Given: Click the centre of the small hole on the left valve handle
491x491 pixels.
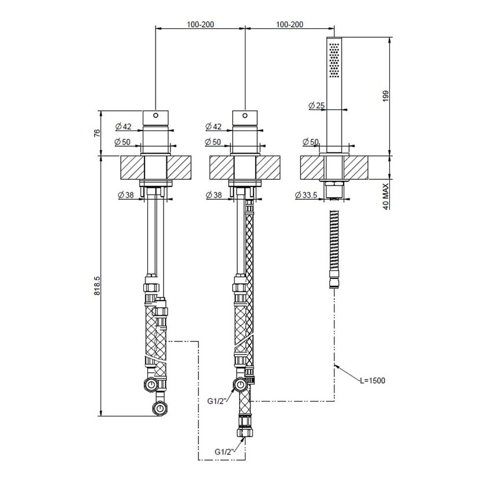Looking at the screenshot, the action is [x=155, y=115].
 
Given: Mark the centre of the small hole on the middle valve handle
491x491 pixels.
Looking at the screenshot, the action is [x=245, y=116].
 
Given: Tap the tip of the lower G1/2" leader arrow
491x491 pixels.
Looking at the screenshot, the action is [x=245, y=438].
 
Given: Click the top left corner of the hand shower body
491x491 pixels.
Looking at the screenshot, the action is [x=326, y=38].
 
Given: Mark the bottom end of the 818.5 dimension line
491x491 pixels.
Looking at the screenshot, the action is [x=101, y=416].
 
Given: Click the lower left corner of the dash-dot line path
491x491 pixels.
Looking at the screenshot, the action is [x=199, y=460].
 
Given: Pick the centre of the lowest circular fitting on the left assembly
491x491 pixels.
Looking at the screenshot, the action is [x=160, y=408].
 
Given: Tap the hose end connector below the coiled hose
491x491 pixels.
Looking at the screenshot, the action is [x=334, y=280].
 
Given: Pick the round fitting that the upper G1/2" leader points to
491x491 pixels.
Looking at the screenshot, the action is [x=241, y=384].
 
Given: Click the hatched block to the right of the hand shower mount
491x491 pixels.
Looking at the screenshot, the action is [x=356, y=168].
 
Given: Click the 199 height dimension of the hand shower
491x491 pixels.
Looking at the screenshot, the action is [x=385, y=95].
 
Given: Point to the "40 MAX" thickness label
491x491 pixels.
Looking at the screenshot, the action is [x=385, y=196].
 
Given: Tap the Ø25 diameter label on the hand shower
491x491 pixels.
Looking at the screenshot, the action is [x=317, y=106].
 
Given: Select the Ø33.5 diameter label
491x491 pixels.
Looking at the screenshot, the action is [x=306, y=195].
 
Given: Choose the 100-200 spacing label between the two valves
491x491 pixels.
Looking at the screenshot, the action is [x=200, y=24].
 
